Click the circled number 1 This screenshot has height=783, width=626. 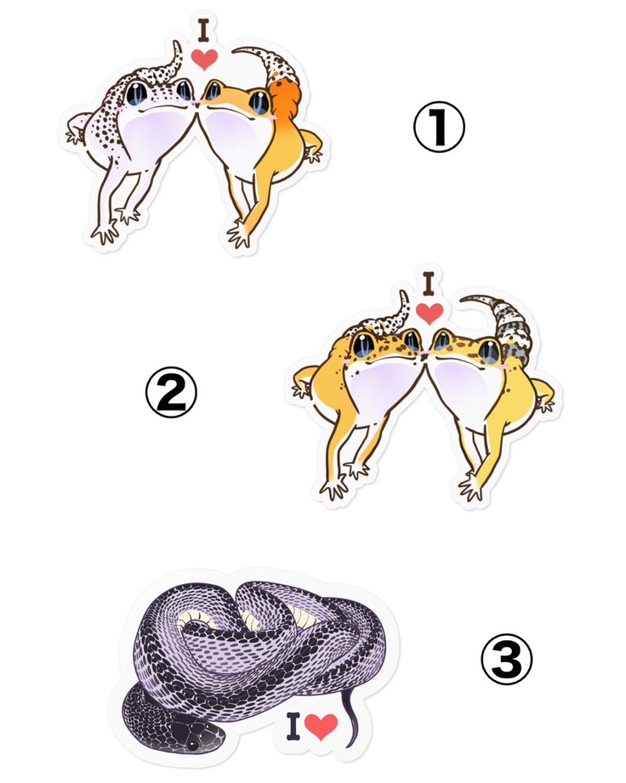[439, 127]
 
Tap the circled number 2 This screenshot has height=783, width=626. [171, 392]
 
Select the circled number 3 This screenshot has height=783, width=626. [506, 659]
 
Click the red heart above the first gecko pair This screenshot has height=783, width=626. [205, 59]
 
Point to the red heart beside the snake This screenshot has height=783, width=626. [321, 726]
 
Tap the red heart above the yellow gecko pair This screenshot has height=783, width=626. [430, 313]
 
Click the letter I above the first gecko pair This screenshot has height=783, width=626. [203, 30]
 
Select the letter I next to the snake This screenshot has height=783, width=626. [293, 726]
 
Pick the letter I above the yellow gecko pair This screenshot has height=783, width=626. [428, 284]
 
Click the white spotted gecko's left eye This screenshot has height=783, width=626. [136, 93]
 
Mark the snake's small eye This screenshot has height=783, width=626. [192, 745]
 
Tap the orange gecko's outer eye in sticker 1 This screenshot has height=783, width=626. [259, 102]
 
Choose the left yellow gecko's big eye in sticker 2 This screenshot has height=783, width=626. [363, 344]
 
